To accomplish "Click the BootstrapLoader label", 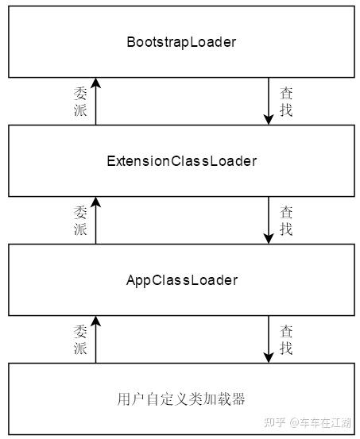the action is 181,42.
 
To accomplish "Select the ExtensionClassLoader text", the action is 182,161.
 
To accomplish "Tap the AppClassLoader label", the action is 182,280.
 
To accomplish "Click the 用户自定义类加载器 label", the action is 181,399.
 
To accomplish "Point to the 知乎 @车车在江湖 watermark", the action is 308,422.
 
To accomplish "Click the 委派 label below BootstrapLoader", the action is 80,102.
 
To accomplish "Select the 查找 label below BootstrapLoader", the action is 286,102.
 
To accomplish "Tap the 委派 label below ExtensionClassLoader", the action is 80,221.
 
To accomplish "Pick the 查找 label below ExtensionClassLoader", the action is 286,221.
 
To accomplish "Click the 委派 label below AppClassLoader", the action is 80,339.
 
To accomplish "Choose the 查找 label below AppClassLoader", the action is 286,339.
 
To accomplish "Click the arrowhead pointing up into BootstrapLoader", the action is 96,83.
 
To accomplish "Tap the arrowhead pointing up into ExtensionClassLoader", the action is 96,202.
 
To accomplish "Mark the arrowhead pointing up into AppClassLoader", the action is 96,322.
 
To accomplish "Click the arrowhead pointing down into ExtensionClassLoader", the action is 269,120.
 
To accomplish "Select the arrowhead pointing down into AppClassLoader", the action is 269,238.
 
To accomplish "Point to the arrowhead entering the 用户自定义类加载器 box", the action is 269,358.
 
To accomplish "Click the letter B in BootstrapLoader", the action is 131,42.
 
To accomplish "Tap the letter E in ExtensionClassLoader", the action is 110,161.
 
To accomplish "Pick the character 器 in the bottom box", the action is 238,399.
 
